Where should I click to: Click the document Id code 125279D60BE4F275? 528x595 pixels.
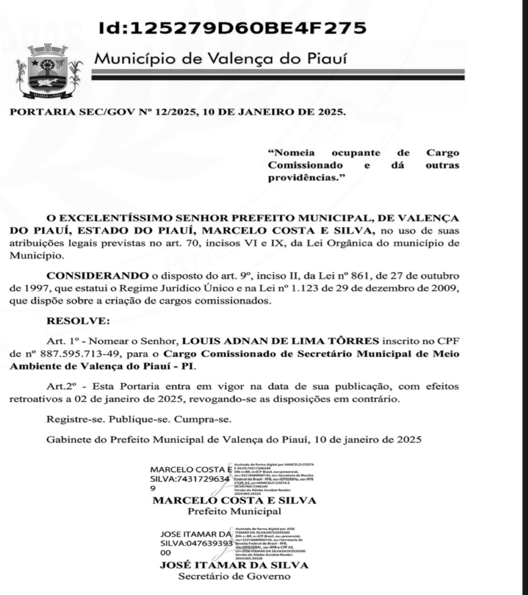point(232,28)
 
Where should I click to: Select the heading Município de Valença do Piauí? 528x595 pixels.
point(221,59)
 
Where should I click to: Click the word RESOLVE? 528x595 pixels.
point(78,321)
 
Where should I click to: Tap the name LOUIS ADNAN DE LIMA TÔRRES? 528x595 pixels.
point(281,341)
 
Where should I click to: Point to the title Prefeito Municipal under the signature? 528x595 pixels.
point(234,512)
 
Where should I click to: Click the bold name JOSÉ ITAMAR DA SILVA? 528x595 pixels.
point(234,565)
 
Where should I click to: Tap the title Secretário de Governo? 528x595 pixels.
point(234,576)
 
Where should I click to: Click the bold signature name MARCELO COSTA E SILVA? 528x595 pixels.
point(234,501)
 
